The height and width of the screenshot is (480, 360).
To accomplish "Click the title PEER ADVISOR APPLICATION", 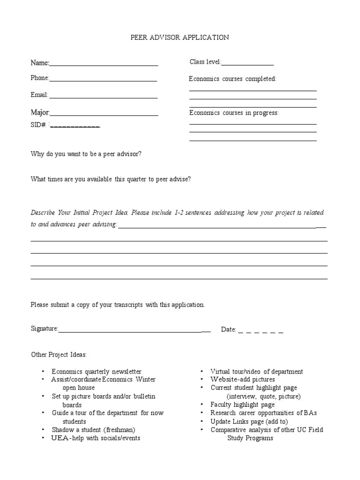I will (180, 37).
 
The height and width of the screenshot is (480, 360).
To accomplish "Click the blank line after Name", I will (104, 65).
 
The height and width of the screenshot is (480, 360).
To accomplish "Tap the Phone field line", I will (103, 80).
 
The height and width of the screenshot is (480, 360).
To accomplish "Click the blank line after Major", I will (104, 114).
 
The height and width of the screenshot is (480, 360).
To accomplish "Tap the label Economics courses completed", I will (232, 79).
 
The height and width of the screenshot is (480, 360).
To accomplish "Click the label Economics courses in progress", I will (234, 113).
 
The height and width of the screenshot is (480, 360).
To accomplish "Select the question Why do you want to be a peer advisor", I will (86, 154).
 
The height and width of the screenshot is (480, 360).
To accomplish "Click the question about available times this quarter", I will (111, 179).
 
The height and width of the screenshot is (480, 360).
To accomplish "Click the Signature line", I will (134, 331).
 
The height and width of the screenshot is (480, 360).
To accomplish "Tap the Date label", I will (228, 330).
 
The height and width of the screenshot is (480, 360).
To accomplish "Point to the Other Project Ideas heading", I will (59, 355).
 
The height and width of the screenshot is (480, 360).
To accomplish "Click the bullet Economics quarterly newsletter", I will (96, 372).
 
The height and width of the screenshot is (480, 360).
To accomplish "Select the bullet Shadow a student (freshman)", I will (93, 430).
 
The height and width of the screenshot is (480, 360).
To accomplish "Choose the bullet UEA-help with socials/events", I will (96, 438).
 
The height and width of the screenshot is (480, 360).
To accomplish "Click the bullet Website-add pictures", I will (242, 379).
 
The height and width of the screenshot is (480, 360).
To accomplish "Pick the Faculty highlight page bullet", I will (242, 405).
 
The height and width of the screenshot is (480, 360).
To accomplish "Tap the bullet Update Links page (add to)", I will (249, 421).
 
